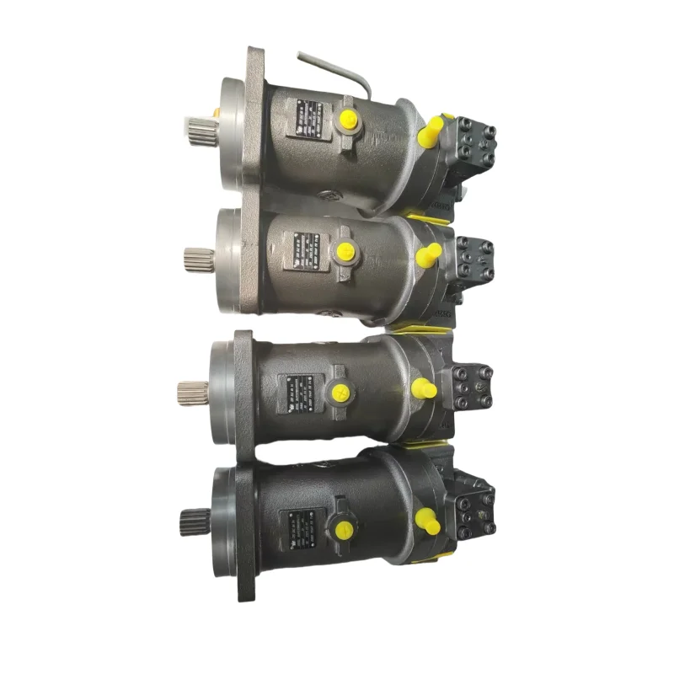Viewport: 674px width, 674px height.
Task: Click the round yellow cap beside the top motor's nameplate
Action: pos(346,122)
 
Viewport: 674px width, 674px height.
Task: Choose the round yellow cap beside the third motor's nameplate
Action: pos(340,391)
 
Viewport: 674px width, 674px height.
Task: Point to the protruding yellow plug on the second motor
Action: pos(429,254)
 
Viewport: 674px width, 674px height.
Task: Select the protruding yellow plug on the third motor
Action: pos(423,388)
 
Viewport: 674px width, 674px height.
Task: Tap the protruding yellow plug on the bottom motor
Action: pos(427,522)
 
